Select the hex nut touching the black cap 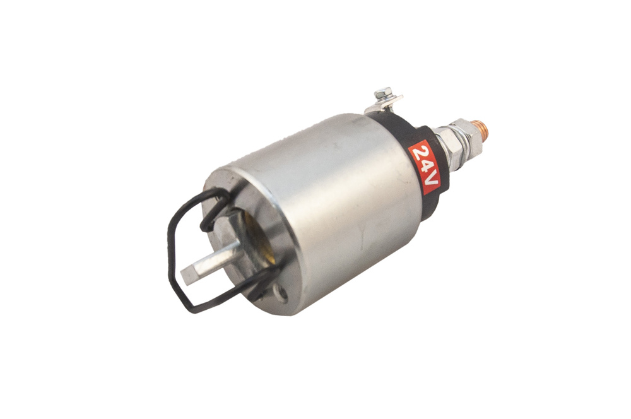click(x=444, y=149)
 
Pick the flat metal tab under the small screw click(x=386, y=102)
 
